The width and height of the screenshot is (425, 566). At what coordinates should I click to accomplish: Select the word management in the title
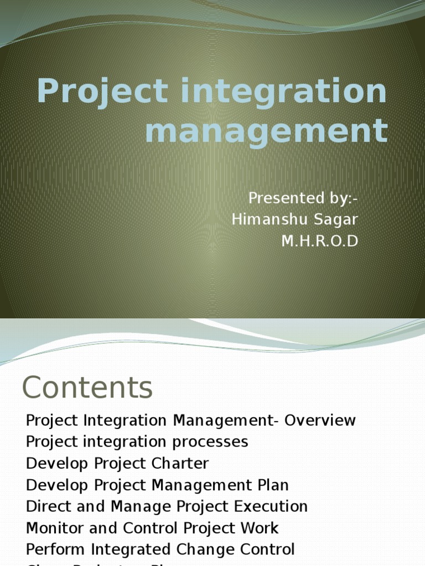coord(266,131)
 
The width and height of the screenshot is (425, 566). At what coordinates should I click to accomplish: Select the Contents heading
coord(87,387)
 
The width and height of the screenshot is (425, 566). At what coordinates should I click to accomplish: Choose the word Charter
coord(181,463)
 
